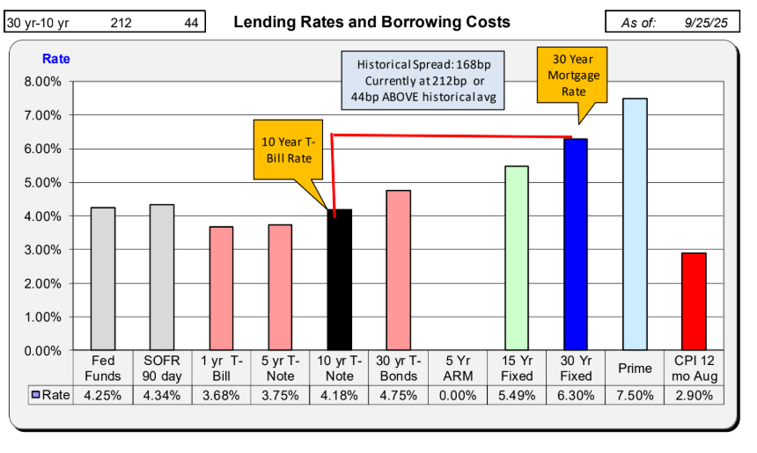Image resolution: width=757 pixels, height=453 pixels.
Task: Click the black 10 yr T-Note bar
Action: click(x=339, y=280)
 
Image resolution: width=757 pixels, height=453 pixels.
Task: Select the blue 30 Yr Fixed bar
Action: click(x=576, y=245)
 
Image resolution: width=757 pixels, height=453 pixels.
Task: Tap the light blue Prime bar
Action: click(x=635, y=224)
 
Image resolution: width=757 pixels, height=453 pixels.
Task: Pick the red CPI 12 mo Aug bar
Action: click(x=694, y=302)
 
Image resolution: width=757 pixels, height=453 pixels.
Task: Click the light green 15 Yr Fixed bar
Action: click(x=517, y=258)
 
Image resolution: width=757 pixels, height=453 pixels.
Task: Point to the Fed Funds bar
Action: click(x=103, y=279)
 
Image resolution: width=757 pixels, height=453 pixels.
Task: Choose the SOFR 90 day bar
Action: click(x=162, y=277)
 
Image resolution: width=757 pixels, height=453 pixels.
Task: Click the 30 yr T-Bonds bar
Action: click(x=398, y=270)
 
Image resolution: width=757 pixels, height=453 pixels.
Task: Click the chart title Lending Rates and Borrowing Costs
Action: click(x=371, y=22)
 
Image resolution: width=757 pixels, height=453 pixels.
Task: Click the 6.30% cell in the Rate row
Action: click(x=576, y=395)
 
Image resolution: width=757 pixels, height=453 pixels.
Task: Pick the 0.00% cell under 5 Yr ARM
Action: click(x=457, y=395)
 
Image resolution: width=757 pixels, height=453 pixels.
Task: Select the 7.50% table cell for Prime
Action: click(x=635, y=395)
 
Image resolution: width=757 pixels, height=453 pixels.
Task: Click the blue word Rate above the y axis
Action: click(x=56, y=59)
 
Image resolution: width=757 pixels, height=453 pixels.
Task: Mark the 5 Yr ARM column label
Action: click(x=457, y=368)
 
